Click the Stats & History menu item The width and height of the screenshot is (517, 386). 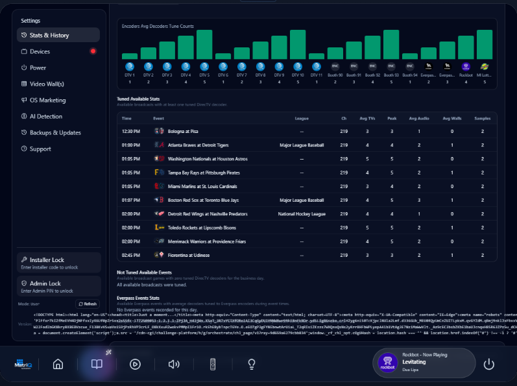coord(49,35)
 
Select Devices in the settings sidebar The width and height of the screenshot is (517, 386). coord(40,51)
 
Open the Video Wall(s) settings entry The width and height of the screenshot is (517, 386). coord(47,84)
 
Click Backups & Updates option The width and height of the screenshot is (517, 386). coord(55,132)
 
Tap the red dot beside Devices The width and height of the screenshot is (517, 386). coord(93,51)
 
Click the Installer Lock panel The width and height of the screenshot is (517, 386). coord(59,263)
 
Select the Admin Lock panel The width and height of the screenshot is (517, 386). coord(59,287)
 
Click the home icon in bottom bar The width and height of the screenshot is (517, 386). coord(58,364)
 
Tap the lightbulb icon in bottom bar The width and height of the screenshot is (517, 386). coord(252,364)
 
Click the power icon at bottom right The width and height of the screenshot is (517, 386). coord(489,364)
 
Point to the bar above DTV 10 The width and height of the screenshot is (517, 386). coord(298,44)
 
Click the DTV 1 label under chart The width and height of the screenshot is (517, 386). coord(129,75)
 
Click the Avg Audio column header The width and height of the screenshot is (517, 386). coord(419,119)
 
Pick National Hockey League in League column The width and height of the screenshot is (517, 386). coord(301,213)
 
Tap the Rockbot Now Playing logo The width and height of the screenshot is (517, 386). coord(387,363)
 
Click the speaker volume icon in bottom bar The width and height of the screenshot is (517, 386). coord(174,364)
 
